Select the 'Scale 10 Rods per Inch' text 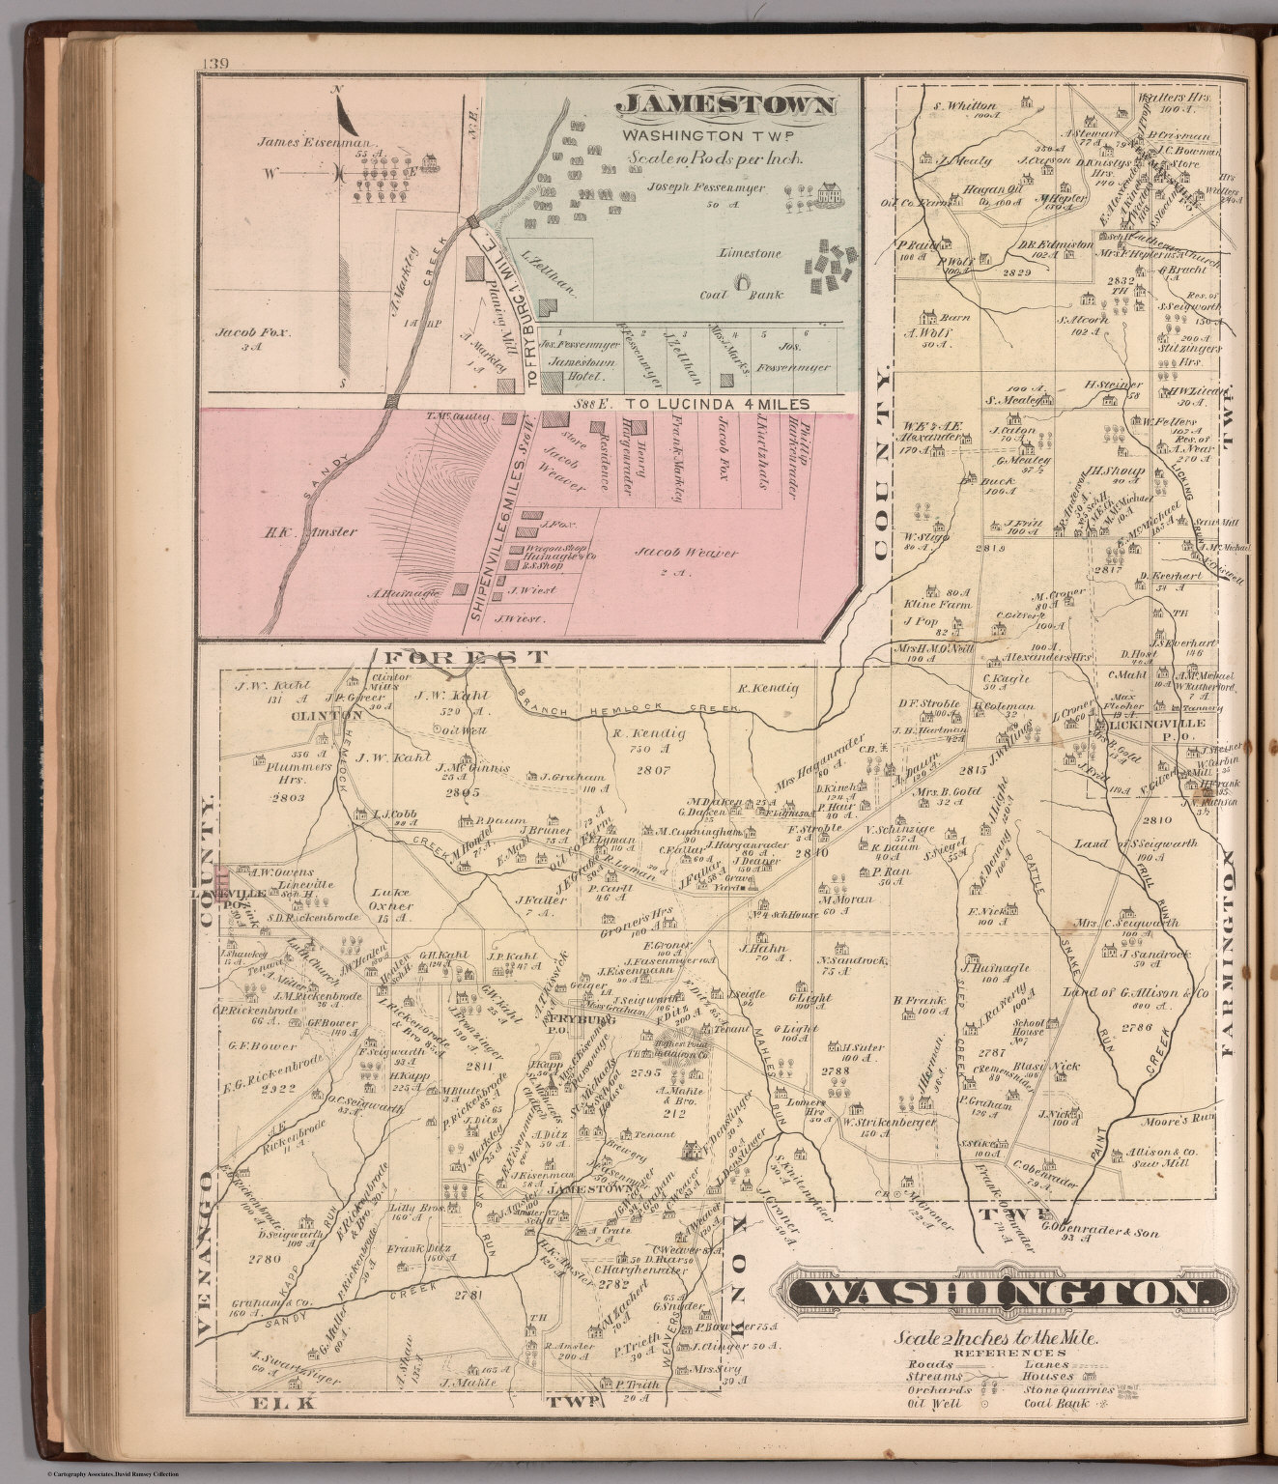point(713,158)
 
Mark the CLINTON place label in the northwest point(336,716)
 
